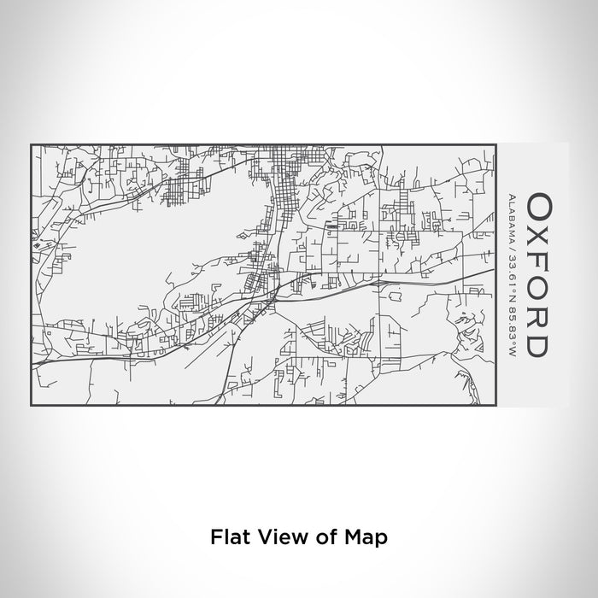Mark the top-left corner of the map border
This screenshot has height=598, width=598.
coord(31,145)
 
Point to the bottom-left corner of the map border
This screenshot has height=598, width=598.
coord(31,406)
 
